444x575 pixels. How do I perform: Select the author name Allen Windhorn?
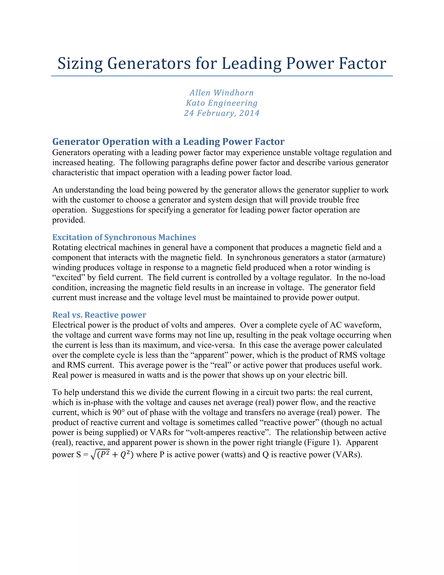(x=222, y=93)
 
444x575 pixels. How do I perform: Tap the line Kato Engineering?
(x=222, y=103)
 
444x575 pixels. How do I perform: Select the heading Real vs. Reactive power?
(x=99, y=315)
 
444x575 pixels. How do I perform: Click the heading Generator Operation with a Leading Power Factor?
(x=168, y=142)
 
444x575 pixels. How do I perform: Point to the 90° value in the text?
(x=119, y=412)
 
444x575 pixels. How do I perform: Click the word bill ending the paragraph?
(x=340, y=375)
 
